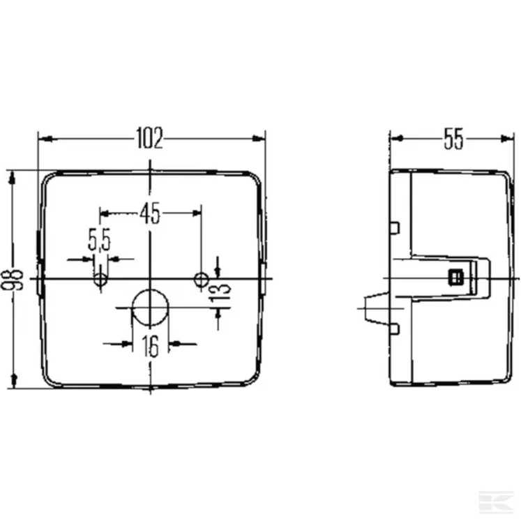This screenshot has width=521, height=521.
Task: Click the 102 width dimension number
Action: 149,138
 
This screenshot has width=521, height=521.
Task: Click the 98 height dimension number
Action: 13,280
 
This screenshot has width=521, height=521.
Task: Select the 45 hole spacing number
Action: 150,213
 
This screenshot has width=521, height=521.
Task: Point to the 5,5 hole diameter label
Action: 99,239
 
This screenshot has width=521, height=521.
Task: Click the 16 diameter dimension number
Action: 150,346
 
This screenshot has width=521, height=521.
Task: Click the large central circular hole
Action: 150,308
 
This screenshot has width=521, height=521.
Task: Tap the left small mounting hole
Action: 100,280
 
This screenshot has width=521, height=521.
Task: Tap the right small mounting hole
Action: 201,280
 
